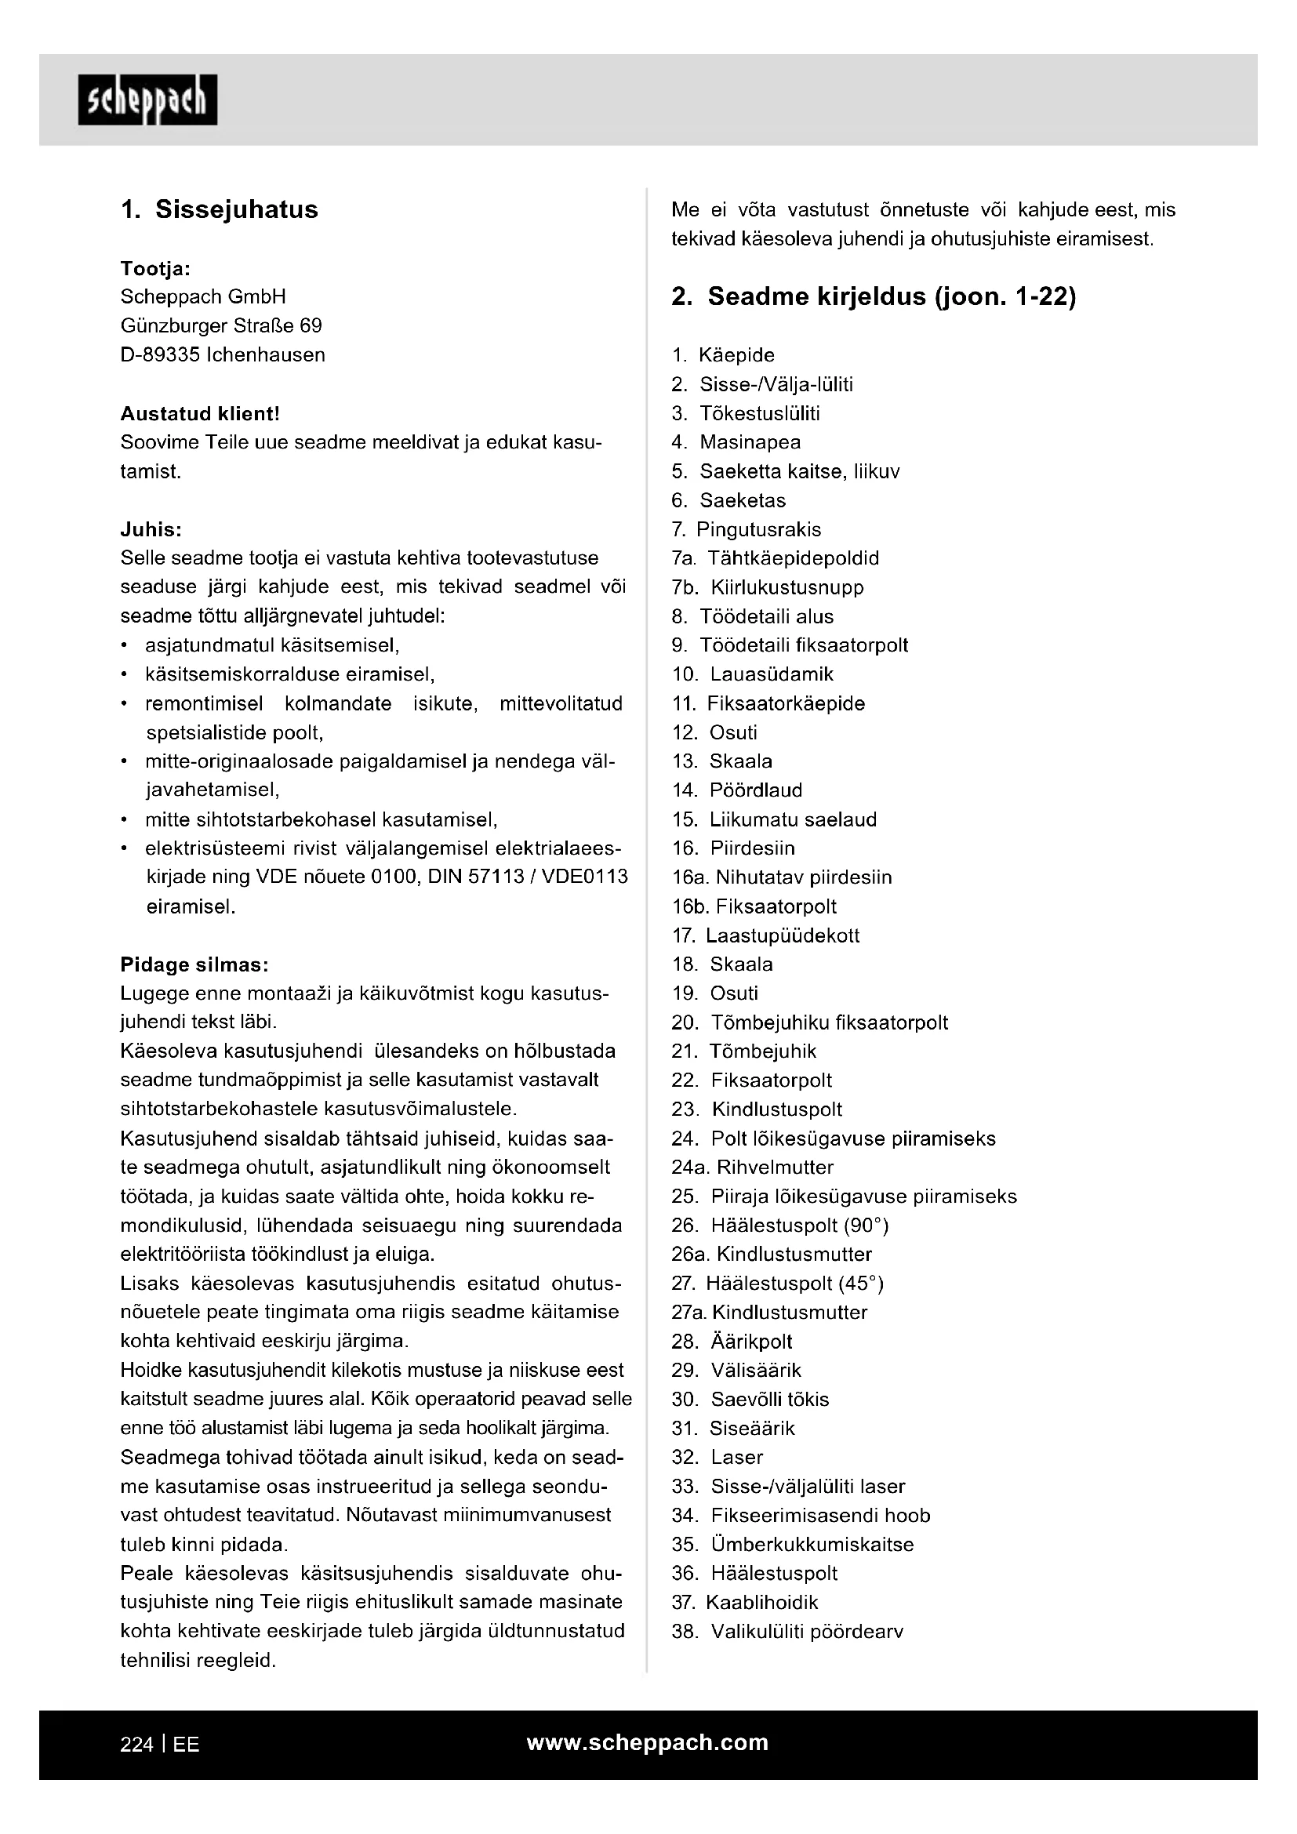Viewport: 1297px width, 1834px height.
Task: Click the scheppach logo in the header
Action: tap(147, 100)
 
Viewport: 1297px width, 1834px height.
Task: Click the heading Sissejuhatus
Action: tap(220, 209)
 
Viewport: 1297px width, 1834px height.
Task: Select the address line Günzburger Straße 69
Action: tap(221, 326)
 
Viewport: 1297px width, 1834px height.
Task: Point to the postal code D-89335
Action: tap(161, 354)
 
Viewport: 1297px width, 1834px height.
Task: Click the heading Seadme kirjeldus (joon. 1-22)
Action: tap(874, 297)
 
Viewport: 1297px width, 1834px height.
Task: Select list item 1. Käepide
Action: tap(724, 355)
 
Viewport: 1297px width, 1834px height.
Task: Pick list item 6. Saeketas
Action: tap(729, 501)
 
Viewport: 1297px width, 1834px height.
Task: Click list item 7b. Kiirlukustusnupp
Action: tap(768, 588)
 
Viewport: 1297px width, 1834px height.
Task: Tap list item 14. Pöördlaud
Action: tap(737, 791)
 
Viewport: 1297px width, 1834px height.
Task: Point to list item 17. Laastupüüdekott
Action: tap(766, 935)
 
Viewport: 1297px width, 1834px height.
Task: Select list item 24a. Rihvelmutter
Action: tap(752, 1168)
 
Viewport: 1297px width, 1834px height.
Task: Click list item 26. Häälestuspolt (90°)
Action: tap(780, 1226)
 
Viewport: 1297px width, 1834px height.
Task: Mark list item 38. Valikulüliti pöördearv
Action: tap(787, 1632)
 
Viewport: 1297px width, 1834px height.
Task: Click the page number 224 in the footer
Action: tap(136, 1745)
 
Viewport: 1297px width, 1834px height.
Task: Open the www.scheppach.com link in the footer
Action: tap(648, 1743)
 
